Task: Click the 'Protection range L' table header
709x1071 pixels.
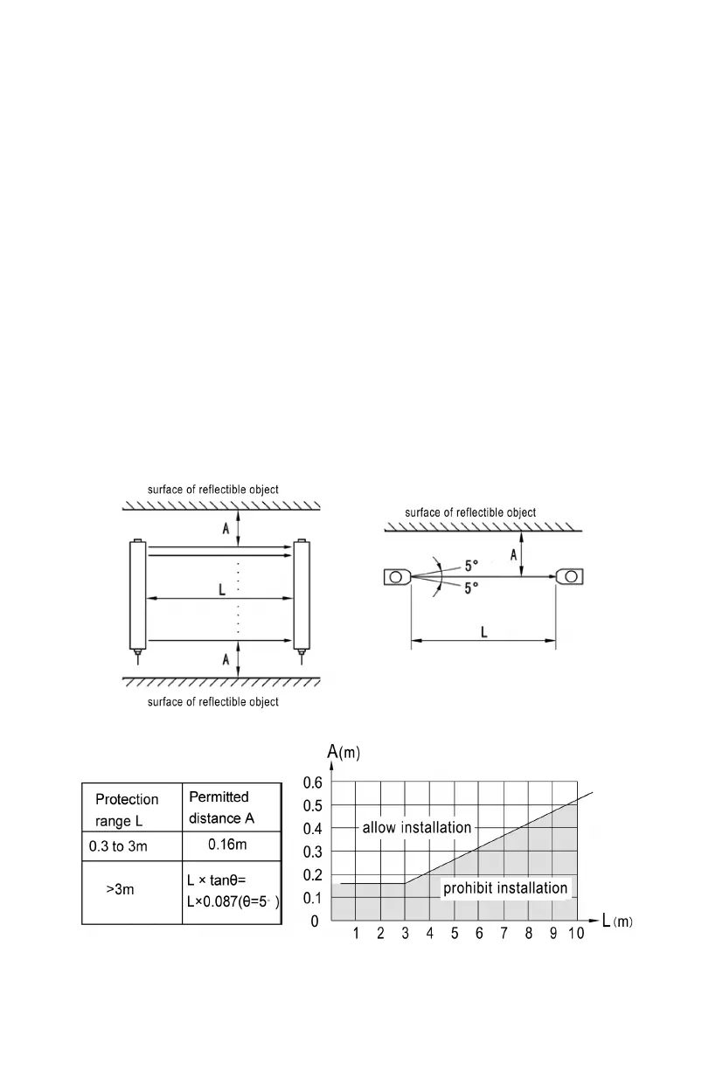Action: [127, 810]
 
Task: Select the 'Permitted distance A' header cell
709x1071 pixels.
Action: [219, 808]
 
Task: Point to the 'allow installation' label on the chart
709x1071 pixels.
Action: [417, 827]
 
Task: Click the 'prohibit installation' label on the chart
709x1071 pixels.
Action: [505, 888]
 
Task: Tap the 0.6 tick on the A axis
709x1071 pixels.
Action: [313, 782]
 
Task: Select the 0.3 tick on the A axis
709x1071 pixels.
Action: [313, 852]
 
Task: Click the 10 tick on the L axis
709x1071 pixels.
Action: [575, 934]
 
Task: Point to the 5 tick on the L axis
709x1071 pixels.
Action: [455, 934]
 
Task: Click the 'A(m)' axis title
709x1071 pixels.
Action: [344, 751]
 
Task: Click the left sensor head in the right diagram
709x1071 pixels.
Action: [396, 577]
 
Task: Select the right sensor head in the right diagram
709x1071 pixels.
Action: [570, 577]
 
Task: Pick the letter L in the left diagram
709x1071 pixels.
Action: [222, 590]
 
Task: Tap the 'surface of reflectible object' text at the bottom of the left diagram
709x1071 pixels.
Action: [213, 702]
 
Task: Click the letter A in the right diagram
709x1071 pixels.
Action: [513, 553]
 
